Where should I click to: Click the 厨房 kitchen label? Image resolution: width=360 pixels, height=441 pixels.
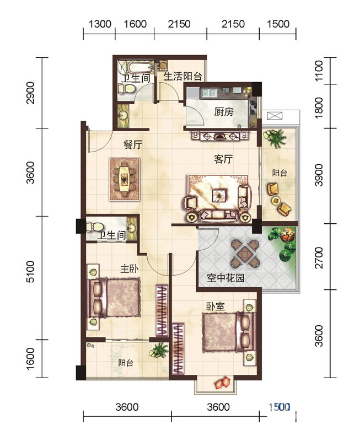[x=224, y=112]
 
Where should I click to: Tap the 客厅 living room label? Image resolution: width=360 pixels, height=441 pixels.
[x=223, y=159]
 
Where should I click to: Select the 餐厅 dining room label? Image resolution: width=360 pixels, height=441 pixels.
[x=133, y=145]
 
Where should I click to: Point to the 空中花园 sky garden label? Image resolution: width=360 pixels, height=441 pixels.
[x=225, y=278]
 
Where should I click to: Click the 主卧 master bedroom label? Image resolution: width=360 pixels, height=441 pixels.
[x=130, y=268]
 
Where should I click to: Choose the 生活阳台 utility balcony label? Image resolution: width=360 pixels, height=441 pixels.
[x=183, y=76]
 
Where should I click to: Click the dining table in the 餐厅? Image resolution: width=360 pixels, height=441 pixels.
[x=124, y=179]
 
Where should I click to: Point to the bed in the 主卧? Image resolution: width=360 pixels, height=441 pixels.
[x=114, y=298]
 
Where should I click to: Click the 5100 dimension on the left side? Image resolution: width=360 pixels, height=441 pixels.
[x=30, y=272]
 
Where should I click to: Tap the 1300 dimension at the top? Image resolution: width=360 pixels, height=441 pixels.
[x=100, y=24]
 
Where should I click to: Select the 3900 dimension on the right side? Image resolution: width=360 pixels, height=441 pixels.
[x=319, y=175]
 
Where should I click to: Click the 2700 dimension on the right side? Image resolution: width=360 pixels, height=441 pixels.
[x=319, y=257]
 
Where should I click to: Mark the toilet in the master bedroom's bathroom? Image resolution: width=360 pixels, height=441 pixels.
[x=95, y=227]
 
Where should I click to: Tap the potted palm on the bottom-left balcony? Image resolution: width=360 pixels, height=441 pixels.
[x=159, y=350]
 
